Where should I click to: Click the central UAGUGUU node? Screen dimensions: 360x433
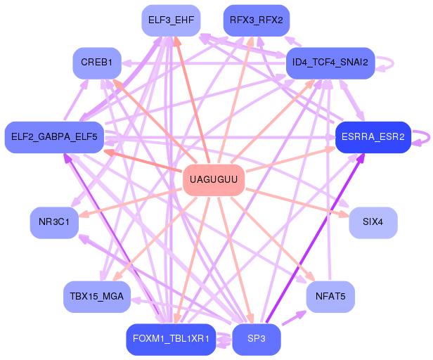pyautogui.click(x=214, y=181)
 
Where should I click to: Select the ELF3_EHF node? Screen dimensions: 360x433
pyautogui.click(x=172, y=20)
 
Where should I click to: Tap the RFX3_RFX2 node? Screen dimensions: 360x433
pyautogui.click(x=256, y=20)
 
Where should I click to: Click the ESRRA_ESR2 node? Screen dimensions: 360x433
pyautogui.click(x=373, y=136)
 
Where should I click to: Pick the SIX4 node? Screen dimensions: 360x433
pyautogui.click(x=373, y=222)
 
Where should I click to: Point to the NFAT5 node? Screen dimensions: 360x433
pyautogui.click(x=330, y=296)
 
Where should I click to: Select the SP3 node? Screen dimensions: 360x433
pyautogui.click(x=256, y=339)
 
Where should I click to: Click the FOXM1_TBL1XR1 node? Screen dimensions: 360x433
pyautogui.click(x=170, y=339)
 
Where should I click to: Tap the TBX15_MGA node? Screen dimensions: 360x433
pyautogui.click(x=97, y=296)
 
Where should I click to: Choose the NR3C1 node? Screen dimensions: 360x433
pyautogui.click(x=54, y=222)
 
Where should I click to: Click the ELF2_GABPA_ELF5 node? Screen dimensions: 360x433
pyautogui.click(x=54, y=136)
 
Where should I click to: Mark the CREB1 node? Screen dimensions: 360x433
pyautogui.click(x=97, y=63)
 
